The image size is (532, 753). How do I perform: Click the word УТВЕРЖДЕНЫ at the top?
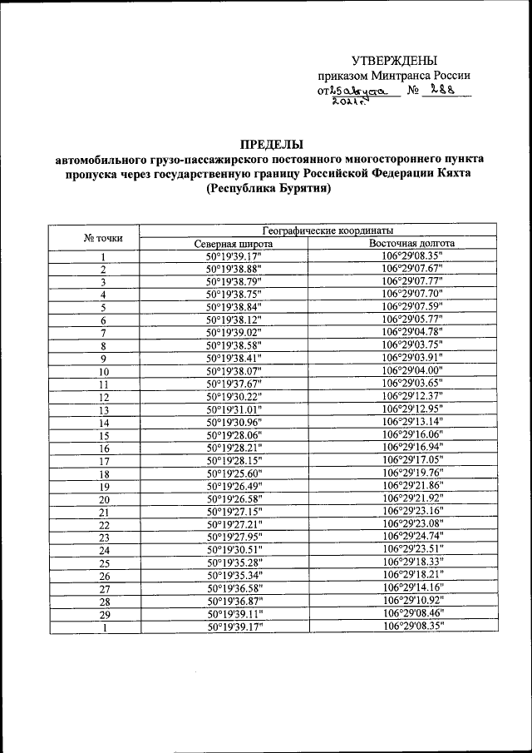[394, 60]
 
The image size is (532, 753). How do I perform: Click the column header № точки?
[104, 237]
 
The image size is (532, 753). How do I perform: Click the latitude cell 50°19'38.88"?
[234, 270]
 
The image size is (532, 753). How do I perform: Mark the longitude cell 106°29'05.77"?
[413, 320]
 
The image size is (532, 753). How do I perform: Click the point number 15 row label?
[104, 435]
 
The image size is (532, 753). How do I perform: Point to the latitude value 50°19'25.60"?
[234, 473]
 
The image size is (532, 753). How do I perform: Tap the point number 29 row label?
[104, 613]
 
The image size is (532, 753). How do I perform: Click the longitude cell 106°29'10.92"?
[413, 600]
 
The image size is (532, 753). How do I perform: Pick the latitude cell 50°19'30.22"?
[234, 397]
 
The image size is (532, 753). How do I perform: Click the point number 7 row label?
[104, 333]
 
